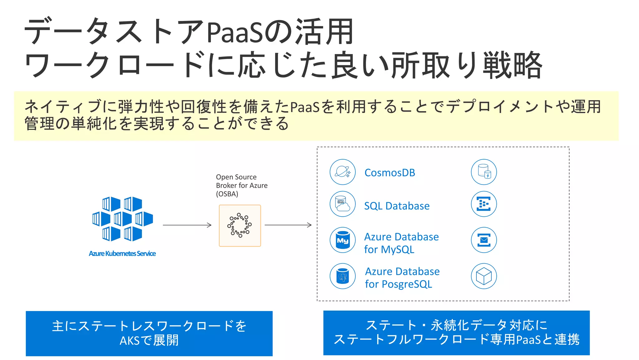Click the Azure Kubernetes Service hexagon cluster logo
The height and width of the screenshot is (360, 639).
(123, 219)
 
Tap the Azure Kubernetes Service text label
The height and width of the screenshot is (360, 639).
(122, 254)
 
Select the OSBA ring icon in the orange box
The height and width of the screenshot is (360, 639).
(240, 225)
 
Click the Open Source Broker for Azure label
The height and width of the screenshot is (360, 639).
(241, 185)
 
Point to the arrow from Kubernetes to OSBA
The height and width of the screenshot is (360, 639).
(187, 225)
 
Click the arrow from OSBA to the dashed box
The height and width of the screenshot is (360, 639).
(288, 225)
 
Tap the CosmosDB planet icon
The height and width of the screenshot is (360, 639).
(343, 172)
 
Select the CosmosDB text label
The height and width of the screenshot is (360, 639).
(390, 173)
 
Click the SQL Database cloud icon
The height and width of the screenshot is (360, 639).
(343, 204)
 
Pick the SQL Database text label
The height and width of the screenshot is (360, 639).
(397, 206)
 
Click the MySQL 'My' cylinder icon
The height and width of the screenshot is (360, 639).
(343, 240)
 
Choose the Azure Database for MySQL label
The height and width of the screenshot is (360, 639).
(401, 243)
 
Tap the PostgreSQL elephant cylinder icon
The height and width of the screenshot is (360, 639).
(343, 276)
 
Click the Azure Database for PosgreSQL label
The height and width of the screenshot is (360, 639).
(402, 278)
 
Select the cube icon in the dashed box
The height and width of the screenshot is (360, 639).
(484, 276)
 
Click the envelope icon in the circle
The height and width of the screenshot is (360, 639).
(484, 240)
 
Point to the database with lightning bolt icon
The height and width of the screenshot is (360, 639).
(484, 172)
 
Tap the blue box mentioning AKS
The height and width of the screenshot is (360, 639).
(149, 333)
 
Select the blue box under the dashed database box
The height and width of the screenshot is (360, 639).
(456, 333)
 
